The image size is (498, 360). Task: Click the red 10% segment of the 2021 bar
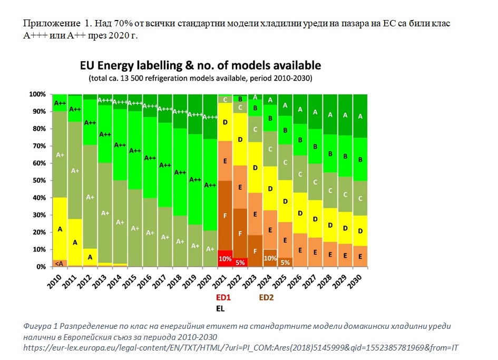tap(225, 258)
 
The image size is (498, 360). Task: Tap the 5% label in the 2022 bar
tap(240, 262)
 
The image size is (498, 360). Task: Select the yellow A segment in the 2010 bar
tap(60, 229)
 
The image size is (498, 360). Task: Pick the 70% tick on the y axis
tap(38, 146)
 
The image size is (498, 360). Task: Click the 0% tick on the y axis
tap(41, 267)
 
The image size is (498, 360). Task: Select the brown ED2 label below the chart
tap(267, 297)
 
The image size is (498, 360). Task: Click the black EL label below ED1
tap(222, 307)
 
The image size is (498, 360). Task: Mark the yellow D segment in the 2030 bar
tap(360, 231)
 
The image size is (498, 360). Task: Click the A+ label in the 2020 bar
tap(210, 248)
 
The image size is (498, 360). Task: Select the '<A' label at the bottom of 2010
tap(60, 263)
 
